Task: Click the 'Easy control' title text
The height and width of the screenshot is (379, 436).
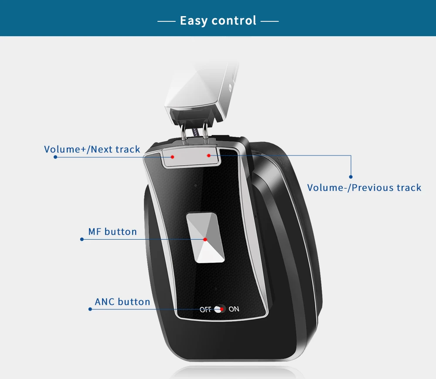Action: (x=218, y=20)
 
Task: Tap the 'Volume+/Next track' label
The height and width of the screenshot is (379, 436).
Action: (x=92, y=149)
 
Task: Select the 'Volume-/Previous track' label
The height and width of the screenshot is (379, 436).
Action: (x=364, y=188)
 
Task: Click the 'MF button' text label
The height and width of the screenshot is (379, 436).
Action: (x=112, y=232)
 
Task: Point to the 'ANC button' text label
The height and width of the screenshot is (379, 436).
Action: (x=123, y=302)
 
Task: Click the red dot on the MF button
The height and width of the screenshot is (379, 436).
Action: (x=205, y=240)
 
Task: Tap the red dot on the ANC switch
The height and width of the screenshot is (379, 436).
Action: (x=222, y=309)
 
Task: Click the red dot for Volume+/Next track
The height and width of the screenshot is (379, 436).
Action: (x=172, y=157)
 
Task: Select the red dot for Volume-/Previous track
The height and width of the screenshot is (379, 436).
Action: (x=209, y=156)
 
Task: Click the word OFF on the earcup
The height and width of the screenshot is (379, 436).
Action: (x=205, y=310)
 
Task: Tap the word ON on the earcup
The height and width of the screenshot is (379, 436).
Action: (x=234, y=309)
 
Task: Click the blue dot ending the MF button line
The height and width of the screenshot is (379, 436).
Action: (x=82, y=239)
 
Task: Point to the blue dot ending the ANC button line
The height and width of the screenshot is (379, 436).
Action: (x=90, y=309)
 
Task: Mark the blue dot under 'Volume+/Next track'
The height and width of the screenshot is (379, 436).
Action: (x=55, y=157)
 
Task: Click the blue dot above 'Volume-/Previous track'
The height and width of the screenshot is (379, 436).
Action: (x=351, y=177)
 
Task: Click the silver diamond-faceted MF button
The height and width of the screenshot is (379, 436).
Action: (x=205, y=238)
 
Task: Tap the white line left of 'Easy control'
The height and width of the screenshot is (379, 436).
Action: (x=167, y=21)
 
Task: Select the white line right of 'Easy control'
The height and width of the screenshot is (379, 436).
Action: (x=270, y=21)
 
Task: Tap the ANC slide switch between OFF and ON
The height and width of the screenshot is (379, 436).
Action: (x=220, y=309)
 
